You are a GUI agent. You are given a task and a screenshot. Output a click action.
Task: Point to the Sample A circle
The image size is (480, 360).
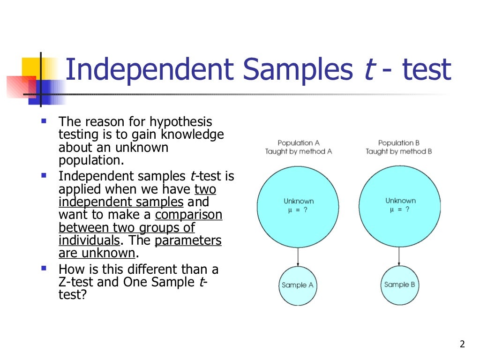click(298, 285)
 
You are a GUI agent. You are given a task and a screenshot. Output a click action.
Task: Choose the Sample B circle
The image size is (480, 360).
click(399, 285)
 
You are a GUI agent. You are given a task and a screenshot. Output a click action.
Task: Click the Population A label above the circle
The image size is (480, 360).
click(298, 142)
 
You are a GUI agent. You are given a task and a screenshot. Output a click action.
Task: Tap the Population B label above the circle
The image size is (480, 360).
click(399, 142)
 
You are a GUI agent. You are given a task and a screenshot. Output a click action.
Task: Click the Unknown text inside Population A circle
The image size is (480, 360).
click(298, 201)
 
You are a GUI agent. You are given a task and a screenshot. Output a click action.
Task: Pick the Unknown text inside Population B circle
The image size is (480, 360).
click(400, 201)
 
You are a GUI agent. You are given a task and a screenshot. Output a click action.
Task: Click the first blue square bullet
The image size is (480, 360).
click(44, 121)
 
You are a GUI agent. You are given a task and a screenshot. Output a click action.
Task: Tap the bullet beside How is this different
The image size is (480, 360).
click(44, 269)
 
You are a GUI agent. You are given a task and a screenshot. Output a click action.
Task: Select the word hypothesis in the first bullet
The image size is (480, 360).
click(181, 122)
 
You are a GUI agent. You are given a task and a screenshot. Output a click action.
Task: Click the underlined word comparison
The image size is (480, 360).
click(189, 215)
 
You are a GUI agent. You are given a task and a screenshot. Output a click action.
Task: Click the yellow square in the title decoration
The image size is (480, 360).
click(32, 68)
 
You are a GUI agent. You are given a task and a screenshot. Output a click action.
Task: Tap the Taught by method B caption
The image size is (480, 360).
click(399, 151)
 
